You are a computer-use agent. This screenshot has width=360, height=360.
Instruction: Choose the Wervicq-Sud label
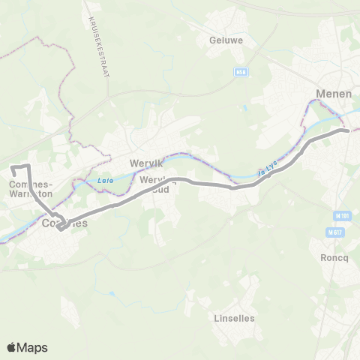tap(155, 184)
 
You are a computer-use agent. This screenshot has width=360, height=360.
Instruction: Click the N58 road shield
tap(240, 73)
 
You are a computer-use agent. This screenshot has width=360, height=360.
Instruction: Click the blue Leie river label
tap(104, 180)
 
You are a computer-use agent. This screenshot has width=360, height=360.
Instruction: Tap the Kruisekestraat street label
tap(103, 45)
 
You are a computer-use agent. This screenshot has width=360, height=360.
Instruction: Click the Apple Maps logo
tap(27, 348)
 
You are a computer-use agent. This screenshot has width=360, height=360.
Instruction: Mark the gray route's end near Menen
tap(347, 130)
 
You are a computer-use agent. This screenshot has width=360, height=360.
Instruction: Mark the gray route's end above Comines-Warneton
tap(13, 166)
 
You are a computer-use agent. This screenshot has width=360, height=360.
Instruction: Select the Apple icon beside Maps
tap(11, 347)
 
